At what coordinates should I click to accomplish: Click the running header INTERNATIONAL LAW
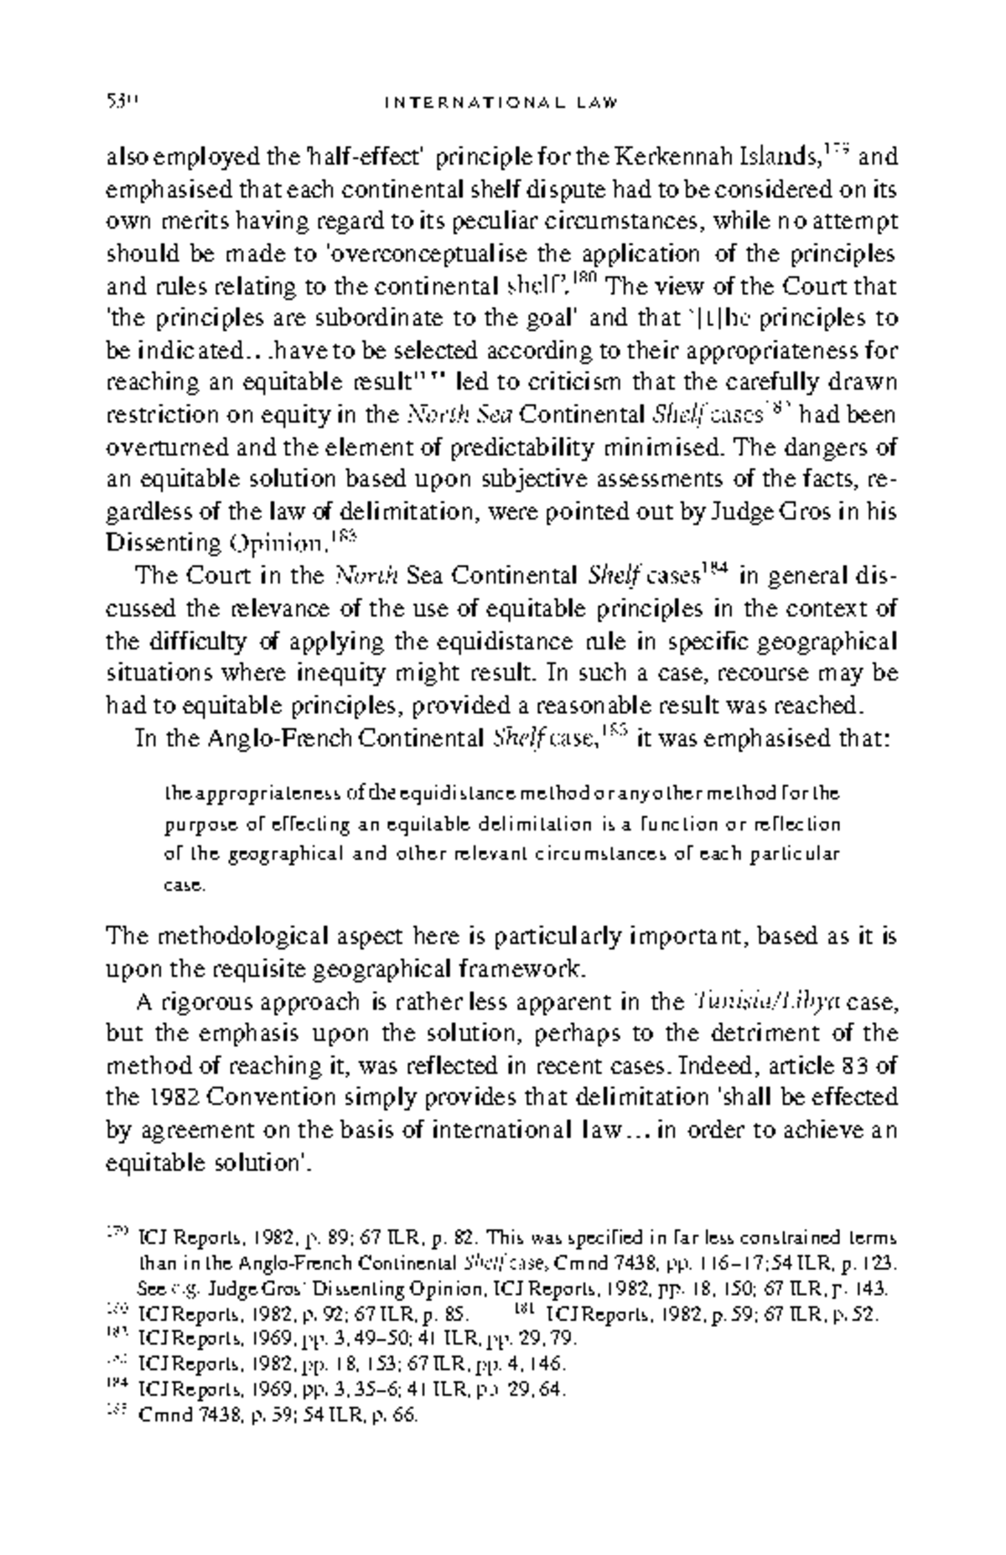pos(501,104)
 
